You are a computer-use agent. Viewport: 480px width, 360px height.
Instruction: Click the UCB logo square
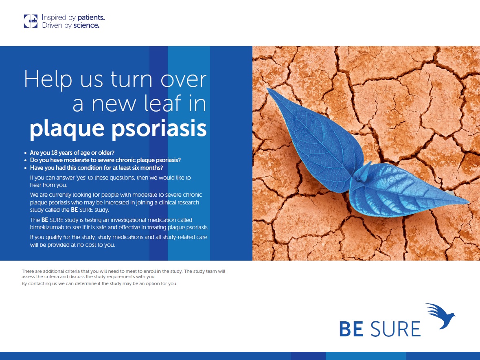(31, 21)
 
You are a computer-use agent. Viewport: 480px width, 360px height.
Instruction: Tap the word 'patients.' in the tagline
(91, 18)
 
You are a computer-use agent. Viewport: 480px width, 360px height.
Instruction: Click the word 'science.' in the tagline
(86, 25)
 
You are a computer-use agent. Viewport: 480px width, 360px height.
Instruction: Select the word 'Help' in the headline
(48, 79)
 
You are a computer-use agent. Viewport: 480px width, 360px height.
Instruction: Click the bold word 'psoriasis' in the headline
(159, 129)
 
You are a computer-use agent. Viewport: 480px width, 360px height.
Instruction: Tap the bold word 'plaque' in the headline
(67, 129)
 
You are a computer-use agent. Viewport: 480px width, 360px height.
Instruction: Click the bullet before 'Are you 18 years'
(25, 153)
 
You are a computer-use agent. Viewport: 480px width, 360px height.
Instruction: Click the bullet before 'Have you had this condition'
(25, 168)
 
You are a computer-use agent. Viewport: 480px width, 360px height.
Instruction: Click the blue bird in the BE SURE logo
(441, 316)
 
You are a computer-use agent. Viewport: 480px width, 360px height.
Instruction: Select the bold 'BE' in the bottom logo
(351, 329)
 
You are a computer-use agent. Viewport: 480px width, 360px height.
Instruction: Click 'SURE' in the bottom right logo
(395, 329)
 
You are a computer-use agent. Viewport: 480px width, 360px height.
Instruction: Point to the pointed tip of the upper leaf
(268, 89)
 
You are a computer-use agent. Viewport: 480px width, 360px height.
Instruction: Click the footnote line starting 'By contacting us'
(99, 283)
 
